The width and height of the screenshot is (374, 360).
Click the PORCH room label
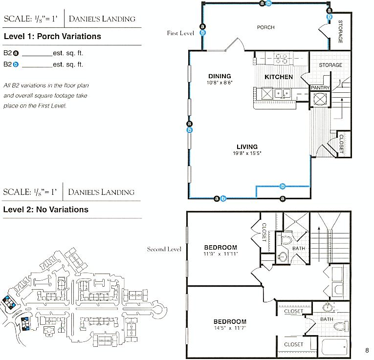[266, 27]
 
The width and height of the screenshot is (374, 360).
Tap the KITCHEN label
[279, 77]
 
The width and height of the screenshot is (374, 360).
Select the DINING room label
[220, 76]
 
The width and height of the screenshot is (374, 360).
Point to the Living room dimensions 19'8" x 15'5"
[247, 153]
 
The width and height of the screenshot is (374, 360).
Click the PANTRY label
[320, 87]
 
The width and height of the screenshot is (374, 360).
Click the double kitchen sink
[283, 93]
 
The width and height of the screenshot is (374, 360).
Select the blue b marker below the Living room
[283, 186]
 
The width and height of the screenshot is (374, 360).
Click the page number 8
[367, 350]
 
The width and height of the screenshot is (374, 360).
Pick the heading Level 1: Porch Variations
[52, 36]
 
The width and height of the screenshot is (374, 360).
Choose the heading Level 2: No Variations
[46, 210]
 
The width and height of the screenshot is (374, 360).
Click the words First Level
[180, 33]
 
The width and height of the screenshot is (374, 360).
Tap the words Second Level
[164, 249]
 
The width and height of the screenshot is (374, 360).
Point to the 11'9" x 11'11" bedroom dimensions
[220, 254]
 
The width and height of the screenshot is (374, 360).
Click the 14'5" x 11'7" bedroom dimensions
[230, 328]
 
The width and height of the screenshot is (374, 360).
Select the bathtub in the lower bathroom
[334, 346]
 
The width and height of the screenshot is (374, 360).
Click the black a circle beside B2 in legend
[16, 53]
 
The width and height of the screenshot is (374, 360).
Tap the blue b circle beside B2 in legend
[16, 64]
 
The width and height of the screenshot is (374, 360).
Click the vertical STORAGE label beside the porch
[340, 32]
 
